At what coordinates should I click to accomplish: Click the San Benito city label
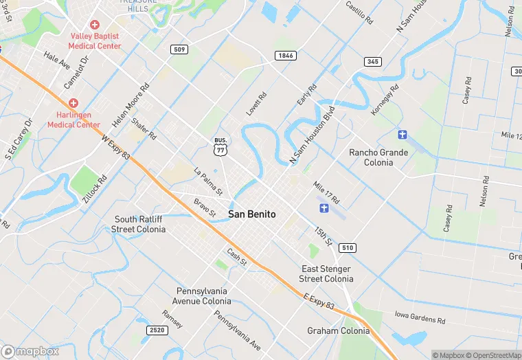click(251, 214)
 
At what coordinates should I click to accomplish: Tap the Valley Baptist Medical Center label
click(95, 41)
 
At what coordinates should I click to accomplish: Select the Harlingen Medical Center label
click(73, 120)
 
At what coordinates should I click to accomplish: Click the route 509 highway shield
click(180, 49)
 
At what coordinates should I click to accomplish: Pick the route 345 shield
click(372, 62)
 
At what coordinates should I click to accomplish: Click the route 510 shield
click(348, 247)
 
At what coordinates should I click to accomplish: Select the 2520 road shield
click(157, 330)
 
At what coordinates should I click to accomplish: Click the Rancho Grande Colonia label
click(378, 157)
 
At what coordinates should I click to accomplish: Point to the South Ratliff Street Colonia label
click(139, 224)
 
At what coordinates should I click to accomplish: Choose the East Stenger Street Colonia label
click(326, 273)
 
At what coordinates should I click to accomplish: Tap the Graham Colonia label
click(338, 330)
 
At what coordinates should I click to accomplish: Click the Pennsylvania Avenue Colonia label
click(201, 295)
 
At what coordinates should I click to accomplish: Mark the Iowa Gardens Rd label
click(420, 317)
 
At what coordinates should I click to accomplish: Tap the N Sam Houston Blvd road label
click(311, 135)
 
